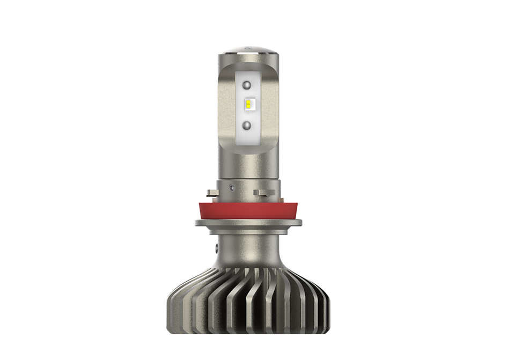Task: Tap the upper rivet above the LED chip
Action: click(x=247, y=85)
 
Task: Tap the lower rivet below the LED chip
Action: click(x=247, y=126)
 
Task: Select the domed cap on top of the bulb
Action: click(x=248, y=50)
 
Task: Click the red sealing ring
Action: click(x=248, y=210)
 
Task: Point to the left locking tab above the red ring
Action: click(x=212, y=193)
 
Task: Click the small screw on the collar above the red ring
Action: click(x=231, y=188)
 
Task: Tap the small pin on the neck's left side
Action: click(x=217, y=249)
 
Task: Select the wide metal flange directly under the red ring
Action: click(x=248, y=222)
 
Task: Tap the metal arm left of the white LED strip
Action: click(x=225, y=107)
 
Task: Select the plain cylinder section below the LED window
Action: click(x=248, y=164)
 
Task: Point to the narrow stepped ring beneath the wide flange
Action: click(x=248, y=231)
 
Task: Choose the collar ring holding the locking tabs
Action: click(x=248, y=190)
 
